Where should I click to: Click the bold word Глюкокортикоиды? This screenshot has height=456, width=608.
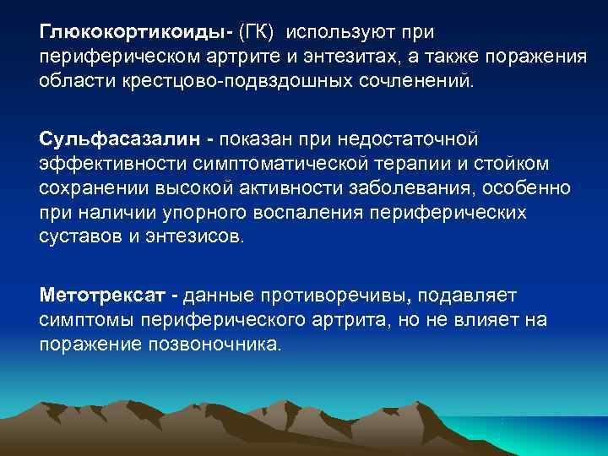point(134,33)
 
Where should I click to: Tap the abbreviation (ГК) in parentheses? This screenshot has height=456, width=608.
point(258,33)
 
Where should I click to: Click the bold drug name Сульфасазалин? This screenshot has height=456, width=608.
point(102,136)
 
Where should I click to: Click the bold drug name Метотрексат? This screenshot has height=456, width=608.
point(101,296)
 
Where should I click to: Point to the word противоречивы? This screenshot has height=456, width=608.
point(347,296)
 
